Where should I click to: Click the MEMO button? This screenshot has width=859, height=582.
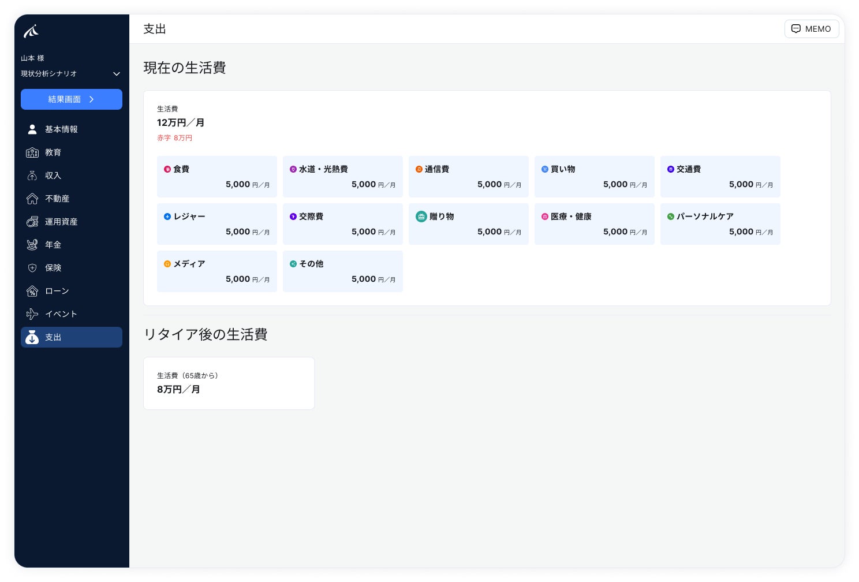pyautogui.click(x=812, y=29)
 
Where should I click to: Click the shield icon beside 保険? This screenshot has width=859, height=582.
pyautogui.click(x=32, y=268)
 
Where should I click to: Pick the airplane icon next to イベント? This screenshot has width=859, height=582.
pyautogui.click(x=32, y=314)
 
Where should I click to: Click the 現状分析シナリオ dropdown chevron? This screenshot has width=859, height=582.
pyautogui.click(x=117, y=74)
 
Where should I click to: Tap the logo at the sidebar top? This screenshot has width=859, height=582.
pyautogui.click(x=31, y=31)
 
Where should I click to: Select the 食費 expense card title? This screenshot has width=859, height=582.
pyautogui.click(x=181, y=169)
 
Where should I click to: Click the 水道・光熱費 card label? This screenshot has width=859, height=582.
pyautogui.click(x=323, y=169)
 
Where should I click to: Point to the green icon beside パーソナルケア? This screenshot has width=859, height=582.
pyautogui.click(x=671, y=217)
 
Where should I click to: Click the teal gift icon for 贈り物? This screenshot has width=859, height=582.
pyautogui.click(x=421, y=217)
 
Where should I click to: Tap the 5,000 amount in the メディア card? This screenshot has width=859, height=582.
pyautogui.click(x=238, y=279)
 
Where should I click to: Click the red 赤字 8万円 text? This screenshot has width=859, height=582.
pyautogui.click(x=174, y=138)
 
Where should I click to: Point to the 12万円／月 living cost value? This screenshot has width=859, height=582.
pyautogui.click(x=181, y=123)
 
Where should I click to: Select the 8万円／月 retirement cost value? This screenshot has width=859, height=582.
pyautogui.click(x=178, y=389)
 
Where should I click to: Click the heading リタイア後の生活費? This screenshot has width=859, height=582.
pyautogui.click(x=206, y=334)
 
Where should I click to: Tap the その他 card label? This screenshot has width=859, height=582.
pyautogui.click(x=311, y=264)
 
